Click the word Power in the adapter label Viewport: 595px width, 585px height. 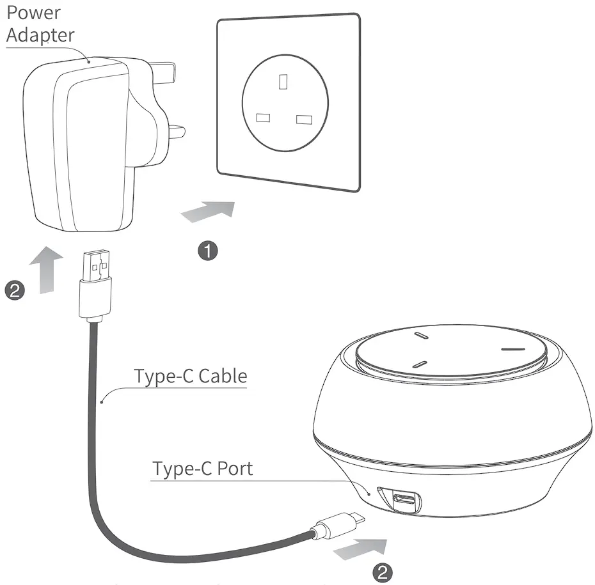click(34, 12)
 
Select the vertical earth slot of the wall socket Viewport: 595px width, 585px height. click(283, 81)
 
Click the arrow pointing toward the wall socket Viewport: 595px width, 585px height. click(208, 212)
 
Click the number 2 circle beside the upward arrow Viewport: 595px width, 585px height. click(15, 291)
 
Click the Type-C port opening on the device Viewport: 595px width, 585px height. click(404, 498)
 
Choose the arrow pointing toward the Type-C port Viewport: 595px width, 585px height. click(361, 546)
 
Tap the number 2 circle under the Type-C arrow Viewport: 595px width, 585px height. click(383, 572)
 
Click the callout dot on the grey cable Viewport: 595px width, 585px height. click(102, 402)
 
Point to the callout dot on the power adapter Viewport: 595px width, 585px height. click(88, 62)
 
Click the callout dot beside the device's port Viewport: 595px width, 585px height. click(370, 494)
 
